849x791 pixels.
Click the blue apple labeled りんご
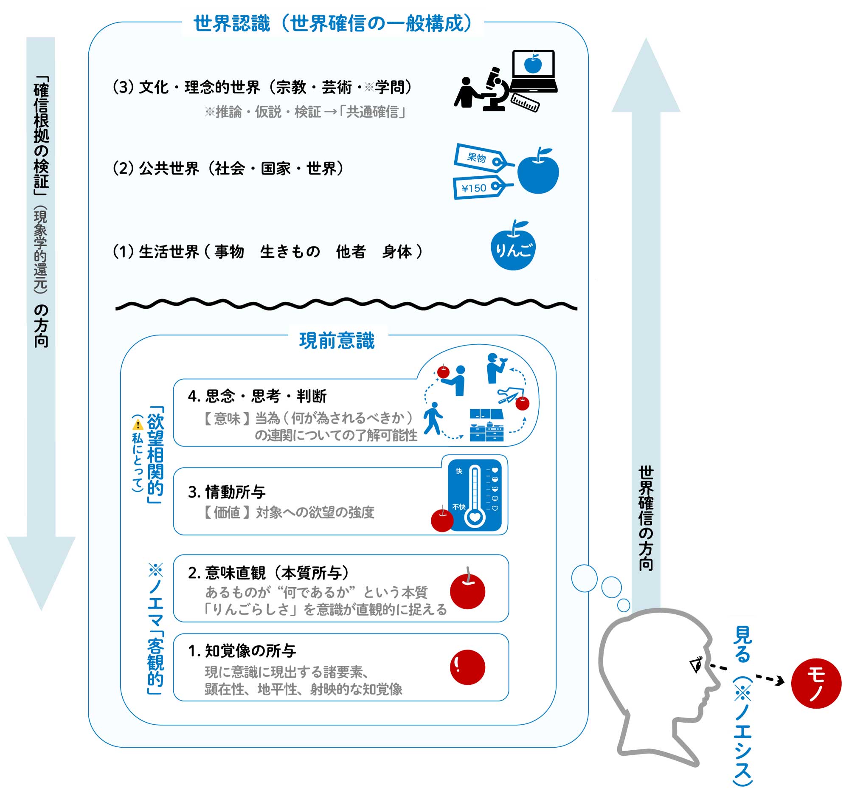click(513, 248)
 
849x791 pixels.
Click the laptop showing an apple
click(534, 70)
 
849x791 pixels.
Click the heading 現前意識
click(337, 341)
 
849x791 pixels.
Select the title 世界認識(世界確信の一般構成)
click(333, 23)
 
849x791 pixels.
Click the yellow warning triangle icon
click(138, 425)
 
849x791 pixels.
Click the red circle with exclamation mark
click(468, 667)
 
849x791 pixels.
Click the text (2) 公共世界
click(156, 169)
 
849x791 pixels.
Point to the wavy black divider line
click(346, 304)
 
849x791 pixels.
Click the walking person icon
click(433, 419)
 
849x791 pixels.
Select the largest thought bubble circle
click(584, 578)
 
